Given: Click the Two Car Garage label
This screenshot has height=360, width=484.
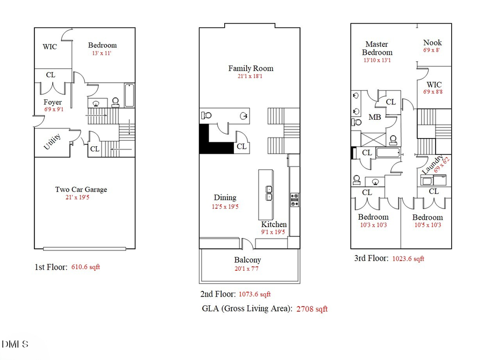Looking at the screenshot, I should pos(81,189).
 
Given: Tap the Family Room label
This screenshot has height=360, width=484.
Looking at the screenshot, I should pos(251,68).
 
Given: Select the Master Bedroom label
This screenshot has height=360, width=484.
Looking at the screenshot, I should pos(377,48).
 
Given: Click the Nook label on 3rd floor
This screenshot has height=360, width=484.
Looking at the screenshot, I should pos(432,42).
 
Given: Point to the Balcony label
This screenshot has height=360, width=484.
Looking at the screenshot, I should pos(247,260).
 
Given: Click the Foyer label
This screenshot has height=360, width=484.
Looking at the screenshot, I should pos(53,102).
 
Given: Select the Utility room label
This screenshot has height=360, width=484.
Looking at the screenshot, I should pos(52,143).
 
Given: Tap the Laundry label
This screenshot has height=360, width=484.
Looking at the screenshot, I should pos(432,164).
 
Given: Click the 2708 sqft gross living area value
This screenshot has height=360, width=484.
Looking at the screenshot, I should pos(312,309).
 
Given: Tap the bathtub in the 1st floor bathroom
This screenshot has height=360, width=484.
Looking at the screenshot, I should pos(130,96).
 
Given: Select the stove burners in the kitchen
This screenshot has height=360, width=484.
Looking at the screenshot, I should pos(295,200).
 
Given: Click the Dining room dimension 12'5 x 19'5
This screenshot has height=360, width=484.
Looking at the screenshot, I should pos(225,206).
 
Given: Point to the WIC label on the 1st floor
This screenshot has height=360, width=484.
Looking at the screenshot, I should pos(49,47).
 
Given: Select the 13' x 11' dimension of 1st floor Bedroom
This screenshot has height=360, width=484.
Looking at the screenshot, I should pos(102,54).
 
